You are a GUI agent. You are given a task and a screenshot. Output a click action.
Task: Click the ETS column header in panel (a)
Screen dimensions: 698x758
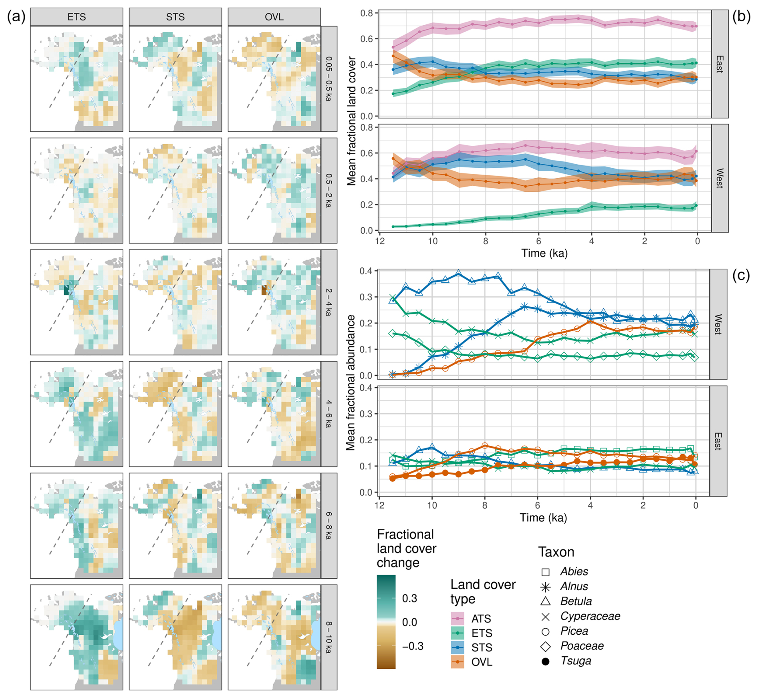point(77,17)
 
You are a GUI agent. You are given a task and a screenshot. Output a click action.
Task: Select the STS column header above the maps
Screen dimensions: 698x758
point(175,17)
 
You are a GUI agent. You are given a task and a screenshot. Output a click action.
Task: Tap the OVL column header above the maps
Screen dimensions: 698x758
point(274,17)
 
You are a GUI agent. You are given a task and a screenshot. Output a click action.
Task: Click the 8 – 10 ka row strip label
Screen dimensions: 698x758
point(329,637)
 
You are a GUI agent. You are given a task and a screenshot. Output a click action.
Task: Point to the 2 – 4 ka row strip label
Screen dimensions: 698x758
point(329,302)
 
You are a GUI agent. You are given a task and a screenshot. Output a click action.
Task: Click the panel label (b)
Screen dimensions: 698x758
point(741,17)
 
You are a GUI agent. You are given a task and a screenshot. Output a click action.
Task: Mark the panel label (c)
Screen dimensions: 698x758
point(741,275)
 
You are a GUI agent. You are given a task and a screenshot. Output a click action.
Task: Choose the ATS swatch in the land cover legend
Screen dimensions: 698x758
point(458,619)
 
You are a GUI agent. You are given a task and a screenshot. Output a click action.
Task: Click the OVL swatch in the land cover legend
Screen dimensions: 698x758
point(458,662)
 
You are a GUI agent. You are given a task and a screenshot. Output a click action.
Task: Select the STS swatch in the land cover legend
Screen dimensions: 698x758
point(458,648)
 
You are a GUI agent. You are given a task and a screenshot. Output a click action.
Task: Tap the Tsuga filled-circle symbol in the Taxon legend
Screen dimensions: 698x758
point(545,662)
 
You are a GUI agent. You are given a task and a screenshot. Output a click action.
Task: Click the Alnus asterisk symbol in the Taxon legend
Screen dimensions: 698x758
point(545,587)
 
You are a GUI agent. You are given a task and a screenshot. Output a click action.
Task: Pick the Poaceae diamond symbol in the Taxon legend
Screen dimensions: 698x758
point(545,646)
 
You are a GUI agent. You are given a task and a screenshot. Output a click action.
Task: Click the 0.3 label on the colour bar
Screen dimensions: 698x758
point(409,598)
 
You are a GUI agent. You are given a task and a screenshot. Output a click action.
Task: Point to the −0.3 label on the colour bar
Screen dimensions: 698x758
point(413,646)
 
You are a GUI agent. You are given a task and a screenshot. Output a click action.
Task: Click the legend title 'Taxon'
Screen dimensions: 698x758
point(556,552)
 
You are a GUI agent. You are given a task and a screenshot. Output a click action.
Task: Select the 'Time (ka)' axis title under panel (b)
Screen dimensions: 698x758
point(544,253)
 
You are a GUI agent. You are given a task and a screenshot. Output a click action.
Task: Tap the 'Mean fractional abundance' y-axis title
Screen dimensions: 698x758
point(351,382)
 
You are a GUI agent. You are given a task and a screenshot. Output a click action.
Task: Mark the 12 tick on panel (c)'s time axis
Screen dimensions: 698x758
point(379,505)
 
